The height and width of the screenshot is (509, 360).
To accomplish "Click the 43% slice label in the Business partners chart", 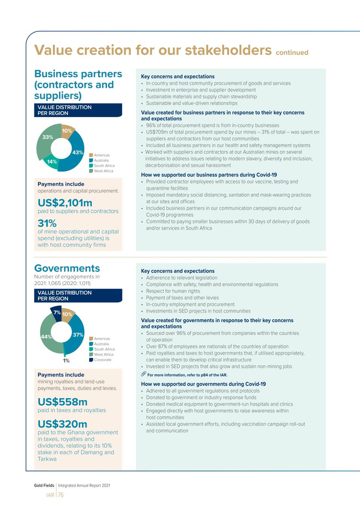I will pos(78,153).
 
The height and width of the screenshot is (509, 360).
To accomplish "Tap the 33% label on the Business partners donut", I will pos(47,137).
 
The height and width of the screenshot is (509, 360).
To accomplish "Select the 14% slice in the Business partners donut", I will pos(52,162).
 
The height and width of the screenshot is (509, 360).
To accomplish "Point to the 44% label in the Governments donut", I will pos(46,337).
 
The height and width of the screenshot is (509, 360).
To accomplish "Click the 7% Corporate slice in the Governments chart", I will pos(57,312).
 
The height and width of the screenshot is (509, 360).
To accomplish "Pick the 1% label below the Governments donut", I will pos(66,361).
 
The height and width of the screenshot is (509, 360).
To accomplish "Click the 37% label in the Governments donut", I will pos(78,335).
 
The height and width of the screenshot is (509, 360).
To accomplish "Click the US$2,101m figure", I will pos(65,203).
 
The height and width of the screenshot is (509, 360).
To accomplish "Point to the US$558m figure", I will pos(62,402).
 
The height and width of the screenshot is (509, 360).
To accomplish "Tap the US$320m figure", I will pos(62,424).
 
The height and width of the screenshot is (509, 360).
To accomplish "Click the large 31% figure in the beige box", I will pos(47,223).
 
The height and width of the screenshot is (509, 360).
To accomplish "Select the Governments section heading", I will pos(67,268).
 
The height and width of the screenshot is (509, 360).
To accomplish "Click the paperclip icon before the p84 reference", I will pos(144,374).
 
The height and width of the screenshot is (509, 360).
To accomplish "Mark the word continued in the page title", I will pos(292,53).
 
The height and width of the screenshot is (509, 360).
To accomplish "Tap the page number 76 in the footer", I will pos(60,495).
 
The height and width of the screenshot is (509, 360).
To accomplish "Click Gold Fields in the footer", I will pos(44,486).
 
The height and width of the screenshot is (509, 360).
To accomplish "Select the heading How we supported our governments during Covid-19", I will pos(203,384).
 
